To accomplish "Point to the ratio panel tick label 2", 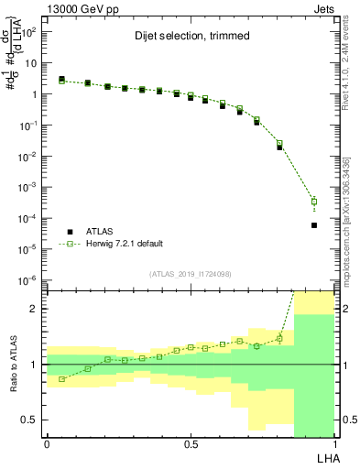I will click(x=32, y=309).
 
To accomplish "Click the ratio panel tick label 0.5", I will click(x=28, y=420).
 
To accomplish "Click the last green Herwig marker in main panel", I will click(x=314, y=202).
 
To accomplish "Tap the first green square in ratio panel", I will click(x=61, y=379).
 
